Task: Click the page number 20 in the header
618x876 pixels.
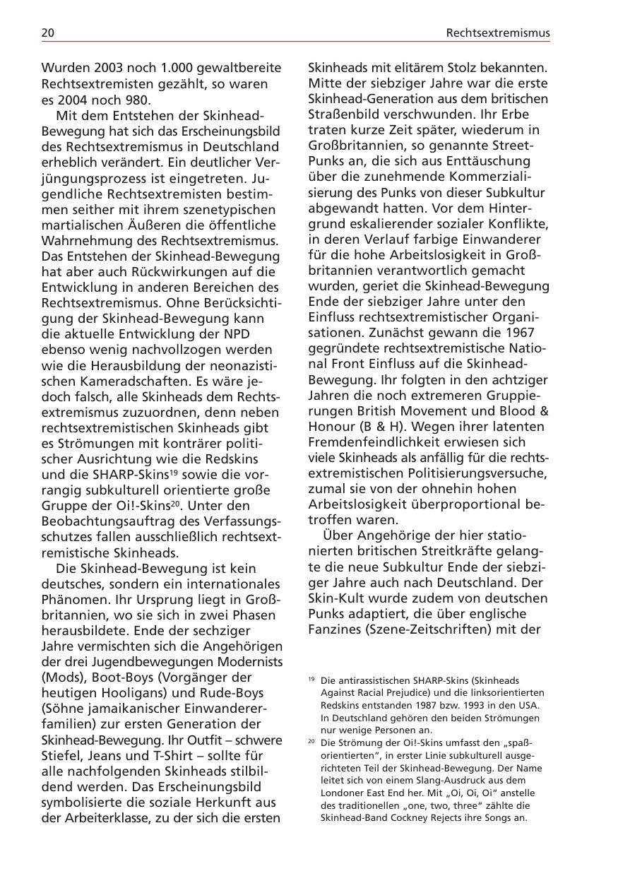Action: pos(48,32)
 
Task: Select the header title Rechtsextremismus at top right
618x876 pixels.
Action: pos(498,32)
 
